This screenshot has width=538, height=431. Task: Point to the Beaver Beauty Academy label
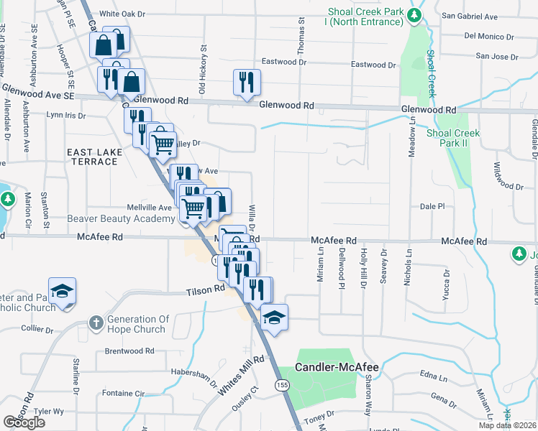[x=122, y=218]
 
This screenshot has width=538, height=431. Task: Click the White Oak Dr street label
[x=122, y=14]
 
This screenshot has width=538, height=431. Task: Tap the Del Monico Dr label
[x=491, y=35]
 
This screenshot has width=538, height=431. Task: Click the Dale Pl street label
[x=432, y=206]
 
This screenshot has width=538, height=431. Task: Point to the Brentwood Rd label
[x=129, y=351]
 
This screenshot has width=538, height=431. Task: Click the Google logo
[x=24, y=422]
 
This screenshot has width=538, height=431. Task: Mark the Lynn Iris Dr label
[x=65, y=115]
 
